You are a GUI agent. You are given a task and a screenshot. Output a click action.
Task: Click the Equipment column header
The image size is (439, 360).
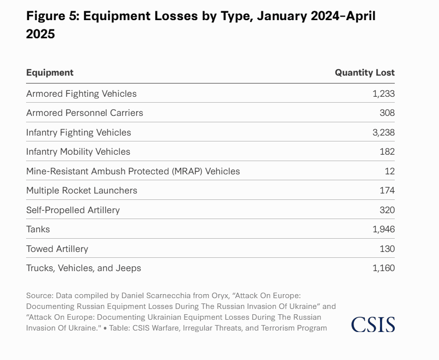[50, 73]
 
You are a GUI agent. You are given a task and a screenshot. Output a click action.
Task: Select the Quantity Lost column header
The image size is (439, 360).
[364, 73]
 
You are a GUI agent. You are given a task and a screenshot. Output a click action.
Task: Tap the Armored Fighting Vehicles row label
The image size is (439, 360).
[81, 93]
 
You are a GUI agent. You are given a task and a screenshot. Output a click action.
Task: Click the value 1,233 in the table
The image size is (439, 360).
[383, 93]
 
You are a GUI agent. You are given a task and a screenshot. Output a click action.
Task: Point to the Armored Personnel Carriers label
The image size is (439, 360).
[85, 113]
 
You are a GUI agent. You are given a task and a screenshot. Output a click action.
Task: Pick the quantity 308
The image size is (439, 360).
[387, 113]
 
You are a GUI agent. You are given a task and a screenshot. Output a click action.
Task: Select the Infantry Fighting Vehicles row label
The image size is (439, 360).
[79, 132]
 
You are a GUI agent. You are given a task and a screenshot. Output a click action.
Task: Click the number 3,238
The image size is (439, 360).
[383, 132]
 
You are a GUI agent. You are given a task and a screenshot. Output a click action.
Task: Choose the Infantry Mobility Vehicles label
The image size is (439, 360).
[78, 152]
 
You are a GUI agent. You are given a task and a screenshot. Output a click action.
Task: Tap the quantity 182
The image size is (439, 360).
[387, 152]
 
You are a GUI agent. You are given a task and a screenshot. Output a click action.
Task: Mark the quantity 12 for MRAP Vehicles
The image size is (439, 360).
[390, 171]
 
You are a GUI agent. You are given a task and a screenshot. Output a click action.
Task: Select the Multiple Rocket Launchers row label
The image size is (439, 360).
[82, 191]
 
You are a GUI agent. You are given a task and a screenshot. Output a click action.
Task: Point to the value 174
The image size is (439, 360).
[387, 191]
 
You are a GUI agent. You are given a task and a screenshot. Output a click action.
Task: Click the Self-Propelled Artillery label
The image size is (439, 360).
[73, 210]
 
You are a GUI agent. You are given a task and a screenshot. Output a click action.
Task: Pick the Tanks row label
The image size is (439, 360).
[38, 229]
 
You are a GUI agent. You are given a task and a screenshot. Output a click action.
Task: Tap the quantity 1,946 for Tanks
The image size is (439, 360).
[383, 229]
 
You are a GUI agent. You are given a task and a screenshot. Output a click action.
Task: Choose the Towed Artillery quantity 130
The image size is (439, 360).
[387, 249]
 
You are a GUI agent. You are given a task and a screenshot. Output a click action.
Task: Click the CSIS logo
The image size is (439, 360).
[373, 324]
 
